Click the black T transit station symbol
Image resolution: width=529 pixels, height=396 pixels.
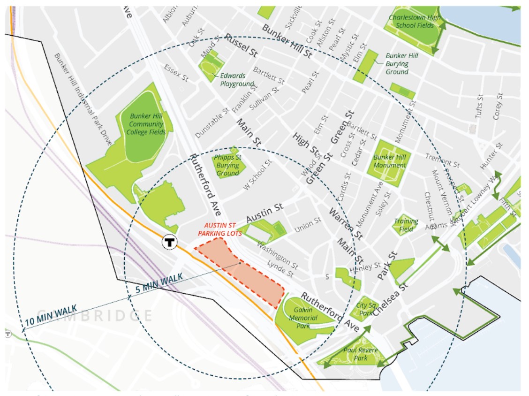click(169, 242)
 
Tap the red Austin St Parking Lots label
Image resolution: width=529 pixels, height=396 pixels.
click(220, 229)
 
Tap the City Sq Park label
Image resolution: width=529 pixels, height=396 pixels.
click(366, 309)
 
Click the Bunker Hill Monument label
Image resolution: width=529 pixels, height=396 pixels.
click(390, 161)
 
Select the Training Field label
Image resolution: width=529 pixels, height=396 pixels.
click(406, 225)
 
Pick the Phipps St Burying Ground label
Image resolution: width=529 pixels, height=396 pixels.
click(227, 165)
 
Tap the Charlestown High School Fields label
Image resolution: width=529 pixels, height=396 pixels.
click(415, 22)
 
